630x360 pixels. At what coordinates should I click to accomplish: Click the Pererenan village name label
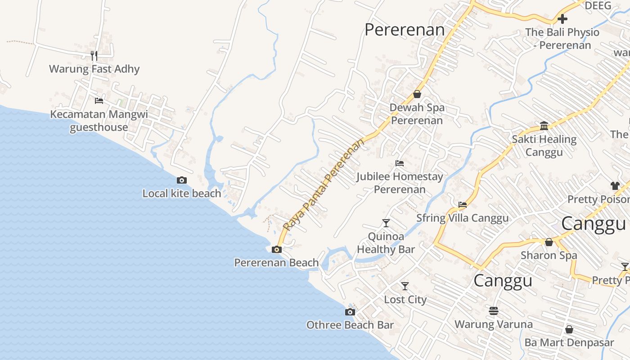pos(404,30)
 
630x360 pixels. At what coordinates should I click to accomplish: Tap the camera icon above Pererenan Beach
pos(277,249)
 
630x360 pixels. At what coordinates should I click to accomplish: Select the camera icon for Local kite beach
pos(182,180)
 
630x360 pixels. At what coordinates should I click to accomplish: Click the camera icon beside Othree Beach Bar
pos(350,312)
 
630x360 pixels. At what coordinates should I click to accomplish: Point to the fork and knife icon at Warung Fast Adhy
pos(94,55)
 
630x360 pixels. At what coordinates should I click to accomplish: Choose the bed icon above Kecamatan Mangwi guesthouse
pos(99,100)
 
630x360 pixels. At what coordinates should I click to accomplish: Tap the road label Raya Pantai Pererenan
pos(323,184)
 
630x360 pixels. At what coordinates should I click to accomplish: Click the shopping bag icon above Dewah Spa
pos(417,94)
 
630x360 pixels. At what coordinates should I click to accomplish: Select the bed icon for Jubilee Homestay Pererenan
pos(400,163)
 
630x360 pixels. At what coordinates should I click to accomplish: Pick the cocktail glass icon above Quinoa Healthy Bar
pos(386,223)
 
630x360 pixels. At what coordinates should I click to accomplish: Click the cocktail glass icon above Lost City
pos(405,286)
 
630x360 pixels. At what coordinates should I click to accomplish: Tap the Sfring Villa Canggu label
pos(462,218)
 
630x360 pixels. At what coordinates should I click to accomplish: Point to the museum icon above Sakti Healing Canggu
pos(544,126)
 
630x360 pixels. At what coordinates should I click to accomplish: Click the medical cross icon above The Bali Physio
pos(562,19)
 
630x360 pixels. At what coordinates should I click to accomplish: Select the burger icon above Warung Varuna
pos(494,310)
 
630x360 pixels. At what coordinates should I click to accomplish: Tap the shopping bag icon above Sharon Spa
pos(549,242)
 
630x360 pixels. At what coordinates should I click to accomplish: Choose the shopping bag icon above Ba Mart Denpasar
pos(569,329)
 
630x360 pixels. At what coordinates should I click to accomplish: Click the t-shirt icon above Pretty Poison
pos(615,185)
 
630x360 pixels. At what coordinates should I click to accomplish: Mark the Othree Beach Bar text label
pos(350,325)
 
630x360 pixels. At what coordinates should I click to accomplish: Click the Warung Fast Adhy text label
pos(94,69)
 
